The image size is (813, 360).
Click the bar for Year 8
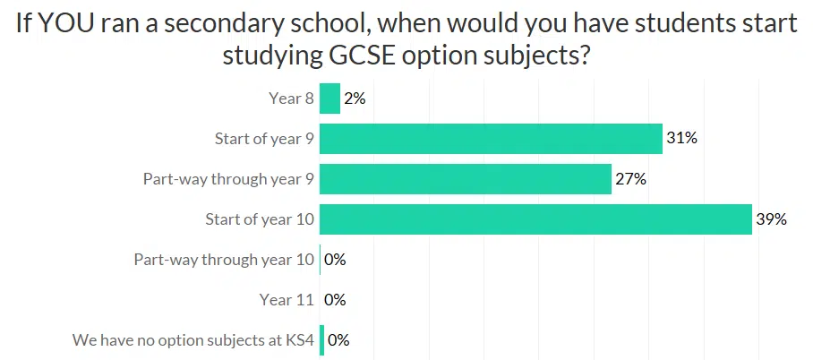[329, 99]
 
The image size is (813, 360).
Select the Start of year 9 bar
[491, 139]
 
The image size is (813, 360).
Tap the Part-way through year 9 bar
[465, 179]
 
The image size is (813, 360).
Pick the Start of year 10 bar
[535, 219]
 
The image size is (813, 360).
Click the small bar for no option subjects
[321, 340]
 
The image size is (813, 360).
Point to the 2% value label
[355, 99]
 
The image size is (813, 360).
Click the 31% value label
[681, 139]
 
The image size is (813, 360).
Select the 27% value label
[630, 179]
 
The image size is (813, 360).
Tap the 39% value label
[771, 219]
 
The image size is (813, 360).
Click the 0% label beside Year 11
[335, 300]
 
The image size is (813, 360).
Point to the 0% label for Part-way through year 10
[335, 260]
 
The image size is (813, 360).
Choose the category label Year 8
[291, 99]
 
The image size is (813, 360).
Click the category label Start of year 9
[264, 139]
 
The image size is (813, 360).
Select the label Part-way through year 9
[228, 179]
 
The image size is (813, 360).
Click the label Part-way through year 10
[224, 260]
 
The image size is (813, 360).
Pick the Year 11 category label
[287, 300]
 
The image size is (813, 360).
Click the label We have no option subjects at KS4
[193, 340]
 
